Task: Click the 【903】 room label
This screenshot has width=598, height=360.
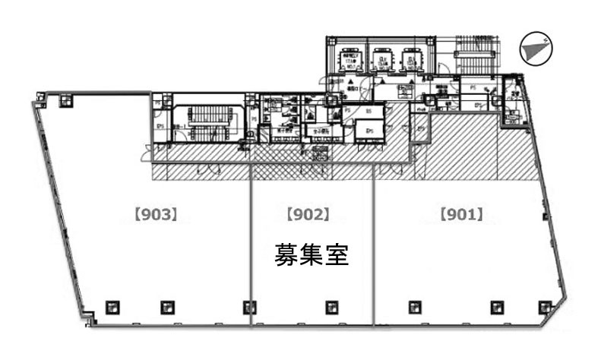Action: click(156, 215)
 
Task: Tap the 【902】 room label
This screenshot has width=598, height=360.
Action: click(308, 215)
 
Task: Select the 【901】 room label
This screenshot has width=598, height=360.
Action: click(461, 215)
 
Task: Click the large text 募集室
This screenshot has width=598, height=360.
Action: click(312, 254)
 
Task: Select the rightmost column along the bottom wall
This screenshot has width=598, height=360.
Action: click(544, 306)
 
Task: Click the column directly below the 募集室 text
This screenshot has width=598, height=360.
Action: click(331, 306)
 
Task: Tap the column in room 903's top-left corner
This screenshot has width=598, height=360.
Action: click(65, 98)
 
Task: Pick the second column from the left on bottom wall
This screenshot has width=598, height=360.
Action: click(166, 306)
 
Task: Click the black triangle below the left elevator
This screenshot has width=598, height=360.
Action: click(350, 80)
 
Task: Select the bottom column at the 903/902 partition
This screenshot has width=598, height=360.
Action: click(248, 306)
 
